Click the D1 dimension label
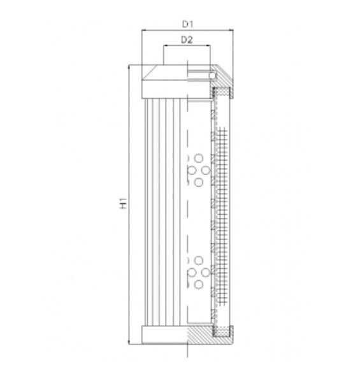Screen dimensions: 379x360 click(x=187, y=24)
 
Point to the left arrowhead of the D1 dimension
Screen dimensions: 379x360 click(x=143, y=30)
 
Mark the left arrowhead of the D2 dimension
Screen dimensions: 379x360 click(x=165, y=46)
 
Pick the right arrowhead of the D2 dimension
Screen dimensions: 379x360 click(x=208, y=46)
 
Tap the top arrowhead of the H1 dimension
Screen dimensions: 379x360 click(x=130, y=66)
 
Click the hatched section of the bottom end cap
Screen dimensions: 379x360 click(x=203, y=335)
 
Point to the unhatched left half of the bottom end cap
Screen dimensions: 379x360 click(x=164, y=335)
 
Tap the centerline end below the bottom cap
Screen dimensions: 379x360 click(x=187, y=352)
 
